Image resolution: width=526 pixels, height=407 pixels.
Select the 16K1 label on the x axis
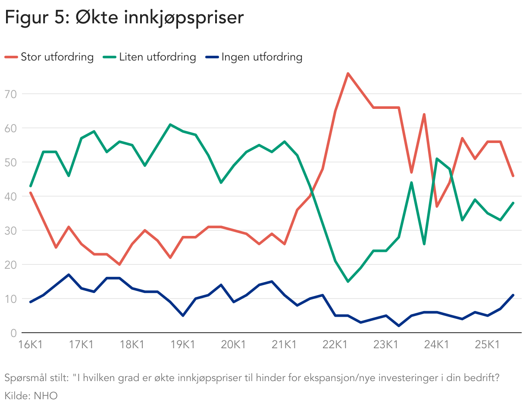click(x=30, y=345)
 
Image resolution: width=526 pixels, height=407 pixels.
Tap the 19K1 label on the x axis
click(x=183, y=345)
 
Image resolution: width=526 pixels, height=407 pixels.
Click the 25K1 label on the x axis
click(x=488, y=345)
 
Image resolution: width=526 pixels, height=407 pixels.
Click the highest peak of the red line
click(x=348, y=73)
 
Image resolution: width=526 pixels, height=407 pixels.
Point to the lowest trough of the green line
click(x=348, y=282)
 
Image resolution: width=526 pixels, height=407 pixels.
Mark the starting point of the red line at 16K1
click(x=31, y=193)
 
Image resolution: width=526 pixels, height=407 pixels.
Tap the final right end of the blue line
click(x=513, y=295)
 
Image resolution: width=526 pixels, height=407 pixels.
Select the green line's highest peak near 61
click(x=170, y=124)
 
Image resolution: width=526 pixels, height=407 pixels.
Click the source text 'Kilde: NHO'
click(x=31, y=395)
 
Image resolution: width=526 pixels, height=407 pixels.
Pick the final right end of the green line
click(x=513, y=203)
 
